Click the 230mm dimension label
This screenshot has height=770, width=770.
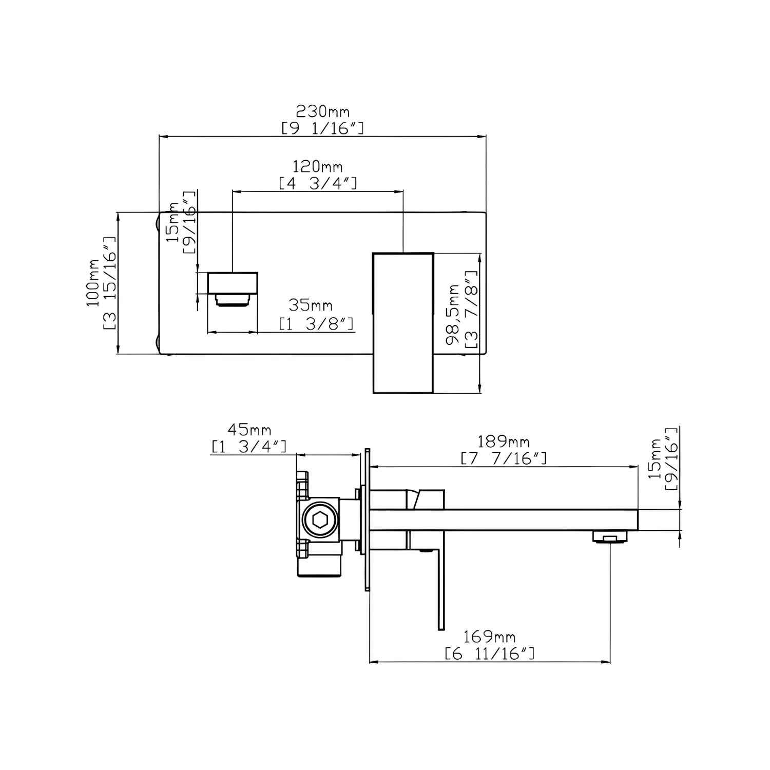tap(323, 111)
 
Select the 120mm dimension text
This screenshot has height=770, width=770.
tap(317, 166)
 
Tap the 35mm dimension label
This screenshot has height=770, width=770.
tap(310, 305)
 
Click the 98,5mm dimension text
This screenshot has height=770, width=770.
tap(453, 315)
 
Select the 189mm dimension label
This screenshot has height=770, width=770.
tap(504, 441)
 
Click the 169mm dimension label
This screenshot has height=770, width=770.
tap(489, 637)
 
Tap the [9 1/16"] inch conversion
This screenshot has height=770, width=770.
tap(323, 128)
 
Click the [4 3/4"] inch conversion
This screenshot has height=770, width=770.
tap(317, 183)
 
